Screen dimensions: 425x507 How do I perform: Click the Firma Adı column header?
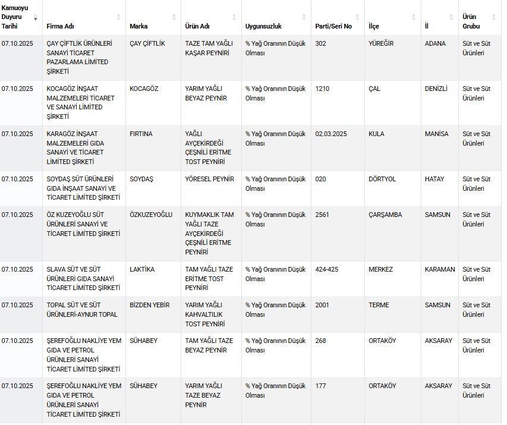coord(61,26)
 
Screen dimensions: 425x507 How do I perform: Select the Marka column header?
coord(138,26)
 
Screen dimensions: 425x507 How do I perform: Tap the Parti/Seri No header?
coord(333,26)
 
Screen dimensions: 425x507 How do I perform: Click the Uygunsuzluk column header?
coord(263,26)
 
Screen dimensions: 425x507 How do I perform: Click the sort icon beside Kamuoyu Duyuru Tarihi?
coord(35,18)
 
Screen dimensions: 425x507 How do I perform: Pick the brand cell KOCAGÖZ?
coord(144,89)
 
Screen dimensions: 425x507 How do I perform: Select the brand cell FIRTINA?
coord(141,134)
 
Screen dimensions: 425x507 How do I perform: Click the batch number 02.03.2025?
coord(331,134)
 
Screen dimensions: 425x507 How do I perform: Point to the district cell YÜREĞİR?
coord(381,43)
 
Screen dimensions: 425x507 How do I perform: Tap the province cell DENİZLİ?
coord(436,89)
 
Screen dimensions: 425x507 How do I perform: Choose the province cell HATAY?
coord(434,179)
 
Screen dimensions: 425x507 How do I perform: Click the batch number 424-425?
coord(327,269)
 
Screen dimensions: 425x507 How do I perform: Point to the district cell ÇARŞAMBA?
coord(385,215)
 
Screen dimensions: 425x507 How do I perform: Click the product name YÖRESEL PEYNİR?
coord(210,179)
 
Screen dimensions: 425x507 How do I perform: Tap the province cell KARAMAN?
coord(440,269)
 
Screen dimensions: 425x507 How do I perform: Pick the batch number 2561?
coord(322,215)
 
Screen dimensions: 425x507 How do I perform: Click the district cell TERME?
coord(379,305)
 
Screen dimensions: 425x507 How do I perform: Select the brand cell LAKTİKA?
coord(142,269)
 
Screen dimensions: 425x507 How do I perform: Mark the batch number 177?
coord(320,386)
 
